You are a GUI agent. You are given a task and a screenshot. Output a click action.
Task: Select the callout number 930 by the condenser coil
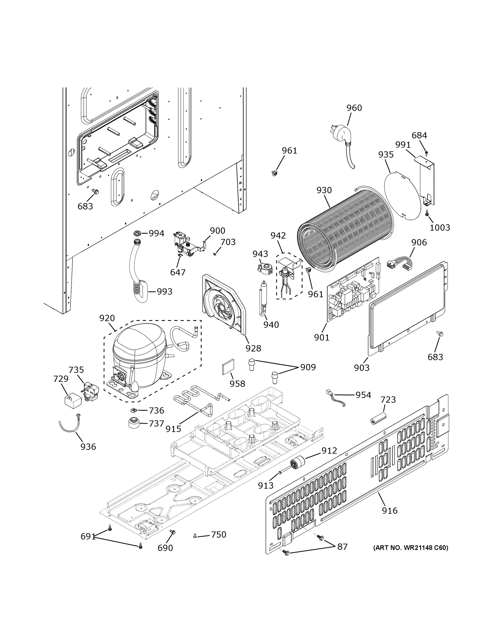(x=324, y=190)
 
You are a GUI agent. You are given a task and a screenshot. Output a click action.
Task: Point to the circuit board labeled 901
(x=353, y=289)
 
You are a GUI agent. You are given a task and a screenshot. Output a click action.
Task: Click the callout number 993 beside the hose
(x=164, y=291)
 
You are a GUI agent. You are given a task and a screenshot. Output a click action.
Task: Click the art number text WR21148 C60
(x=410, y=547)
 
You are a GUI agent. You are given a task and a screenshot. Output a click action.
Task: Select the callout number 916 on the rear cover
(x=390, y=510)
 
